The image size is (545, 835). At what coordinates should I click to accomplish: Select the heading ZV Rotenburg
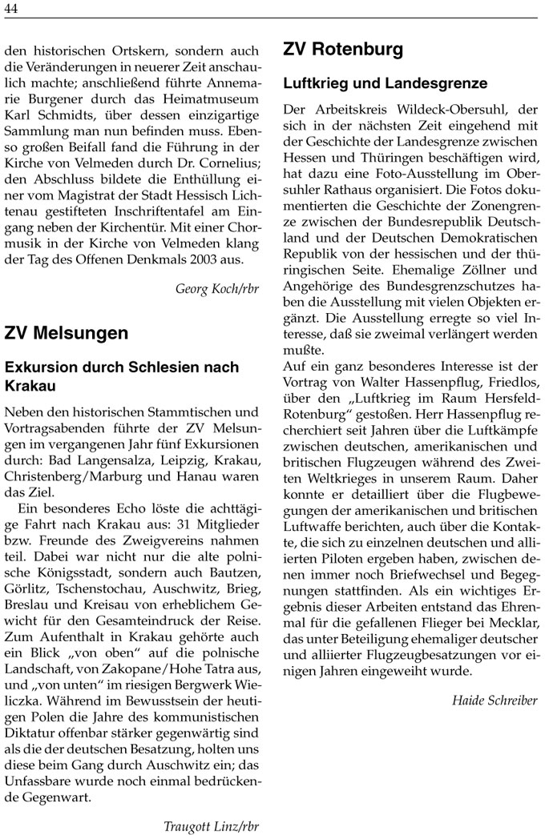(x=343, y=50)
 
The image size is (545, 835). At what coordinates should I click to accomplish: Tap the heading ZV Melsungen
(x=67, y=332)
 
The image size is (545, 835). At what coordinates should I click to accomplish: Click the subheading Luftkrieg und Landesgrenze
(x=385, y=83)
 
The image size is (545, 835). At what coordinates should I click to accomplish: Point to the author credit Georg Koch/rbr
(x=217, y=289)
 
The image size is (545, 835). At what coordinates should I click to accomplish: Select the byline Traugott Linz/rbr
(x=211, y=825)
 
